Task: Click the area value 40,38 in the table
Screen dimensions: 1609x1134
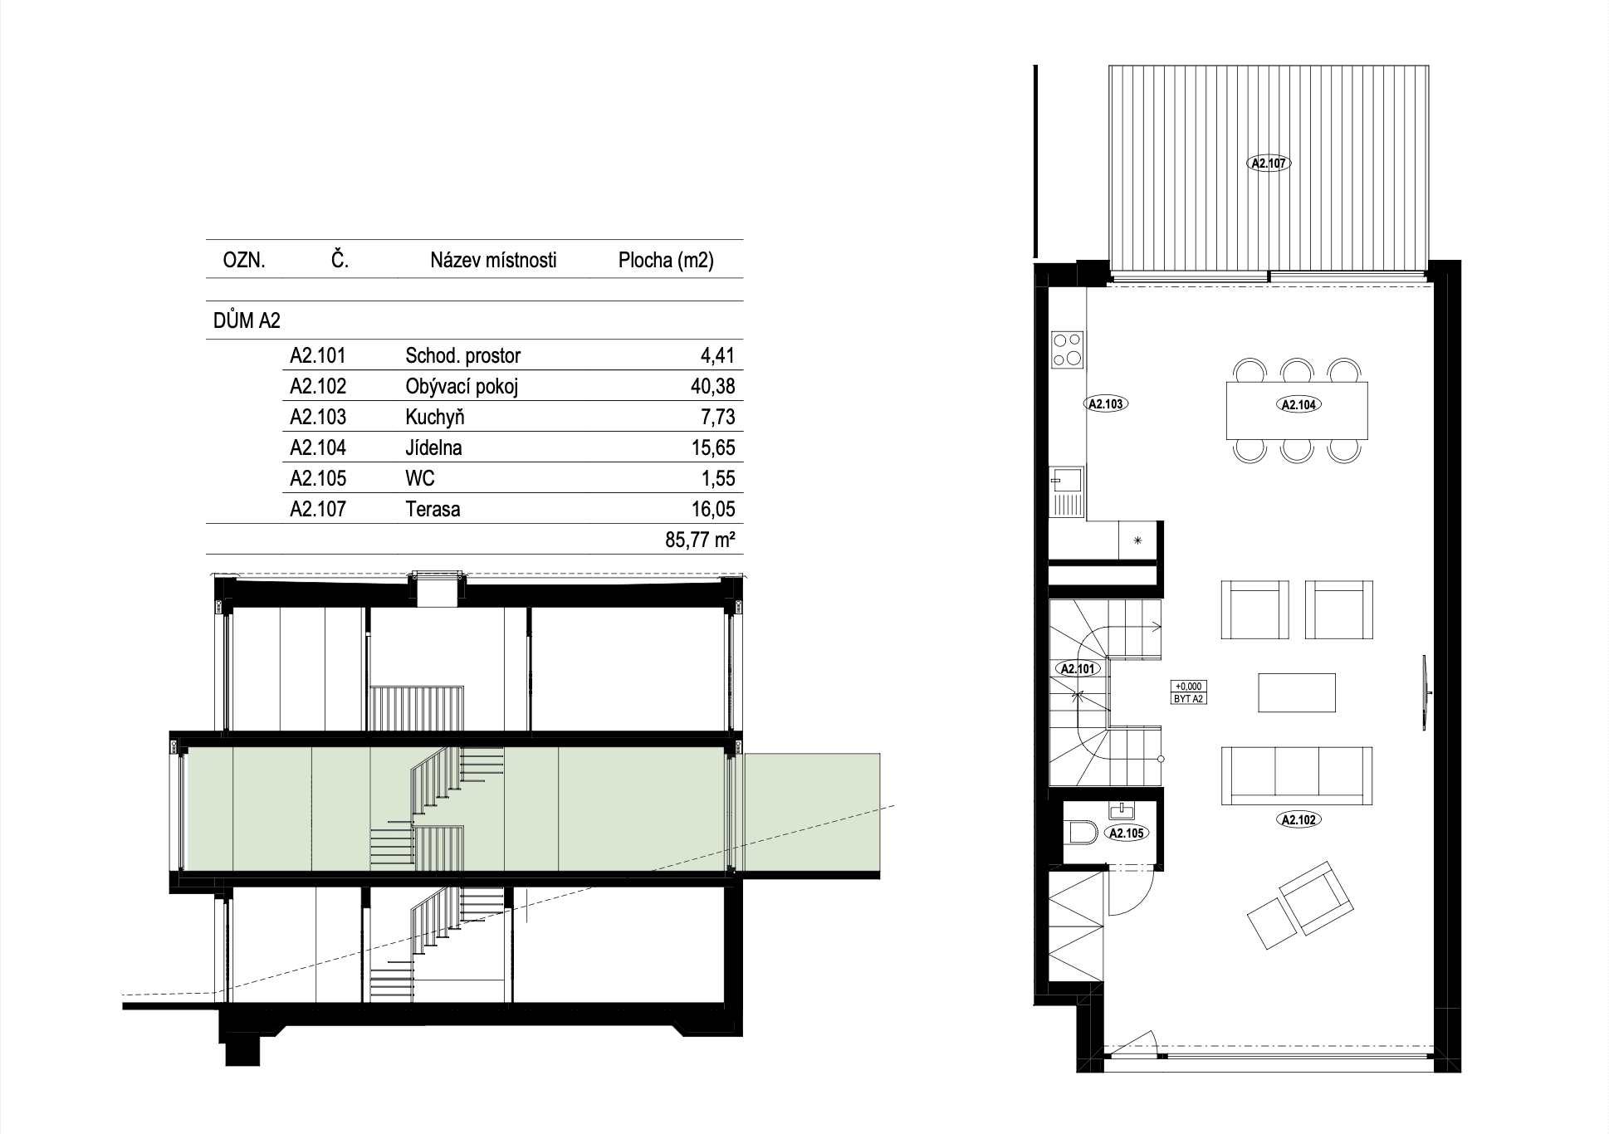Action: coord(713,386)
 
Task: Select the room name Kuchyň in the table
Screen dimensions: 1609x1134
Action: coord(435,417)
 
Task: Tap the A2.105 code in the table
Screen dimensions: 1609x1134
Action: coord(318,478)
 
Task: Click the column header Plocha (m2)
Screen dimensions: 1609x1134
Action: coord(666,260)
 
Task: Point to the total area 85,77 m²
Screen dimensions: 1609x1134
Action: coord(701,540)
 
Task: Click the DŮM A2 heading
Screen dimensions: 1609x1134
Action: coord(247,321)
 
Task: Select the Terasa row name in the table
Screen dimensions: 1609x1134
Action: coord(433,509)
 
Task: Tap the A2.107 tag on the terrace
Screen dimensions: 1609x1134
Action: coord(1269,164)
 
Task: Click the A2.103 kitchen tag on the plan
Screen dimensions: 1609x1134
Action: coord(1105,404)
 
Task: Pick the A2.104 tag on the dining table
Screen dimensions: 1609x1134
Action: coord(1299,405)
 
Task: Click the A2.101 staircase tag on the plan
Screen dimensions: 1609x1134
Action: coord(1078,668)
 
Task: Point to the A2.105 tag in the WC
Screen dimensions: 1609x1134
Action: coord(1127,833)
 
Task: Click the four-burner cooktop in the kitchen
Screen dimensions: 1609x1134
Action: coord(1067,349)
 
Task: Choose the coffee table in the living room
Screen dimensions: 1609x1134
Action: coord(1297,692)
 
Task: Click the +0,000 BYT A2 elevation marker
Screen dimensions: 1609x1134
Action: coord(1188,692)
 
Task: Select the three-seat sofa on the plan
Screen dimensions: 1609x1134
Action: coord(1297,775)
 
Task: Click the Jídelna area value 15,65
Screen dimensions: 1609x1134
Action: coord(713,447)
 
